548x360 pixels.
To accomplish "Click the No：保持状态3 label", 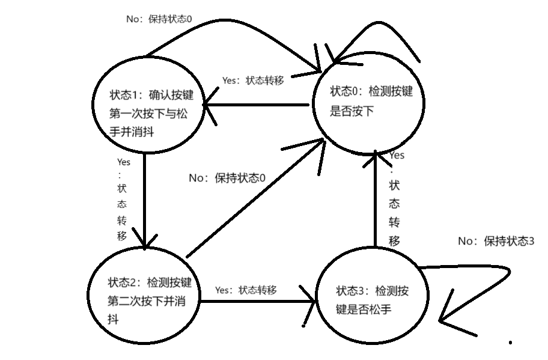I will click(x=496, y=241).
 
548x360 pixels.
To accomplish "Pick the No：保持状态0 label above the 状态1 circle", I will click(x=159, y=19).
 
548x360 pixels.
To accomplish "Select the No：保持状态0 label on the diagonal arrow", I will click(x=227, y=178).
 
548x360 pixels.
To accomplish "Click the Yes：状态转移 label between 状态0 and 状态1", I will click(x=253, y=80).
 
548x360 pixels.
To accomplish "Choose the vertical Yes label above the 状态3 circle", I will click(x=395, y=198).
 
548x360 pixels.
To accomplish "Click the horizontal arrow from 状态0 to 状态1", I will click(x=258, y=106).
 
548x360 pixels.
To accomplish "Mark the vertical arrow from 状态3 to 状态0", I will click(x=375, y=198).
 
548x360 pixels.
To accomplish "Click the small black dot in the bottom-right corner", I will click(x=511, y=343).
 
